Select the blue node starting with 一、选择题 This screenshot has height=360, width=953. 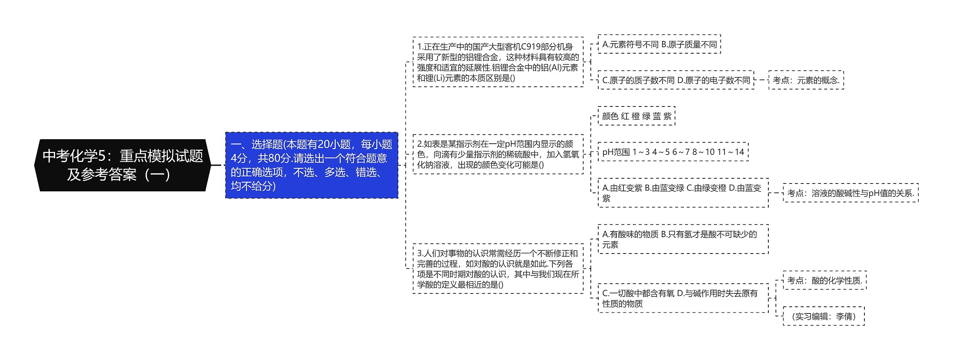[x=312, y=165]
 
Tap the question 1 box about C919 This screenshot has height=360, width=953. [x=498, y=62]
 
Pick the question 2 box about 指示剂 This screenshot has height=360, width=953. [x=498, y=154]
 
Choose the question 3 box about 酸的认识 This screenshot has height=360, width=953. [x=498, y=269]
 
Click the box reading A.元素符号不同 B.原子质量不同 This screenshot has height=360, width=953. [x=659, y=45]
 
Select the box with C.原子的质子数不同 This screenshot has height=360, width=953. [x=676, y=80]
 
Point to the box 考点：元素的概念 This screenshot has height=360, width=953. [x=806, y=80]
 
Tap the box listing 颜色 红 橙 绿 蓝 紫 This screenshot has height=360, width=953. [x=636, y=116]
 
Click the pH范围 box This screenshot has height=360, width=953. [x=673, y=152]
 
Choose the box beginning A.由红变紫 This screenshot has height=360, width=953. [x=683, y=193]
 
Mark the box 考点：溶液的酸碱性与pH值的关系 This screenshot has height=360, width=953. [x=851, y=193]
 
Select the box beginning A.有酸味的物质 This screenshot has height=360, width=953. [x=683, y=239]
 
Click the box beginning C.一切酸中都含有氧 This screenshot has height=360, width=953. [x=683, y=298]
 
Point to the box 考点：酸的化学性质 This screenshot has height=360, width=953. [x=825, y=280]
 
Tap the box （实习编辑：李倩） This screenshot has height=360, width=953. [x=823, y=316]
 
